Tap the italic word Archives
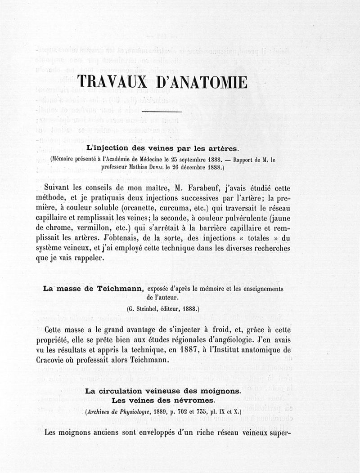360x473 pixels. (101, 411)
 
